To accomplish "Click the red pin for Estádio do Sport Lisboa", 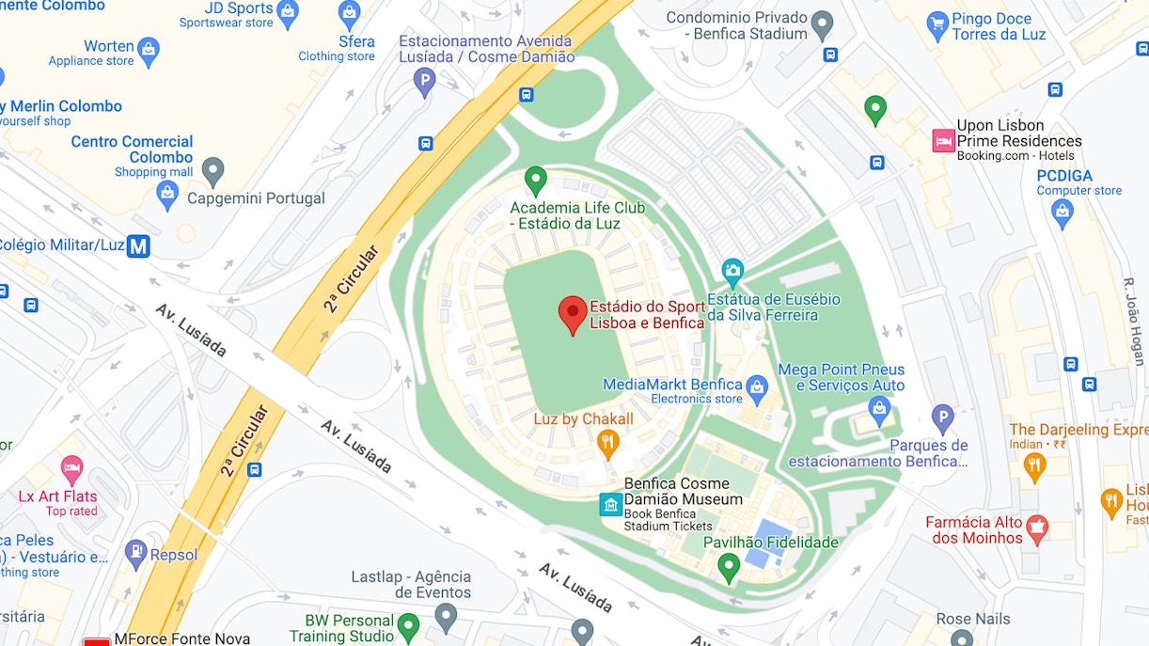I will [x=573, y=313].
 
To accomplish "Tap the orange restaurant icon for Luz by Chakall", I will [x=609, y=441].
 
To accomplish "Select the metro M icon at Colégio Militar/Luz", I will [x=138, y=246].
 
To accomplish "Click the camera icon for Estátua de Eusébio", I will [x=732, y=273].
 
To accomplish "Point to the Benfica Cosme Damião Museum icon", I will [x=611, y=505].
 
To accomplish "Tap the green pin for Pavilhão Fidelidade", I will [x=729, y=566].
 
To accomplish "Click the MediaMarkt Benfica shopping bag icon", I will [x=757, y=386].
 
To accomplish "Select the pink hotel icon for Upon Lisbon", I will [x=942, y=141].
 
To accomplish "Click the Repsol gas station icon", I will [x=136, y=554].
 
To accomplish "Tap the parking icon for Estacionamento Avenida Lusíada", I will [x=426, y=82].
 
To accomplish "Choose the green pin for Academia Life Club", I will [x=536, y=179].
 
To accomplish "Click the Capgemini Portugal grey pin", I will [x=214, y=170].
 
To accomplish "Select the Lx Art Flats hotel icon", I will [x=71, y=467].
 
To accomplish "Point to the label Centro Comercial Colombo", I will [x=132, y=149].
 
